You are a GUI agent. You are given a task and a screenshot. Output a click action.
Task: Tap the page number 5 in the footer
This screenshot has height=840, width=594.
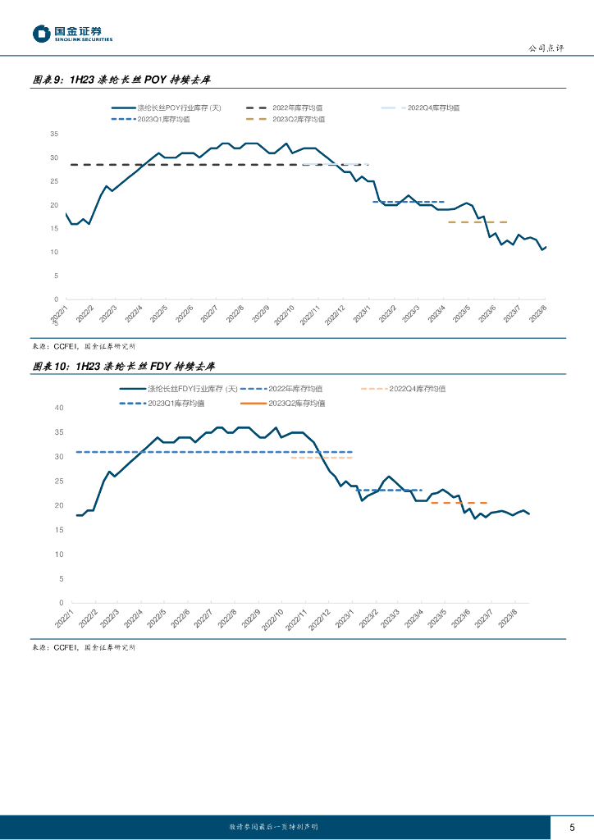[572, 827]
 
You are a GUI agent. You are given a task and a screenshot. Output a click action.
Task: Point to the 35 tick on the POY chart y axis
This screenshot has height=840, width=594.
[54, 134]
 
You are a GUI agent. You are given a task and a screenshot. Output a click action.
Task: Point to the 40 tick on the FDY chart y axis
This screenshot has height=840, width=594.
[58, 408]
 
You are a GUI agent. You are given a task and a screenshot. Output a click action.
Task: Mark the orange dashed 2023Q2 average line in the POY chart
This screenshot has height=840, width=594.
[477, 222]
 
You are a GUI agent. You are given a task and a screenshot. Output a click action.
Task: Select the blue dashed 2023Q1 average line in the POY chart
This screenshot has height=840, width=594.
[408, 202]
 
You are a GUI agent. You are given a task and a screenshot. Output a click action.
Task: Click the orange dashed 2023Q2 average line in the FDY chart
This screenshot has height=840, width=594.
[459, 503]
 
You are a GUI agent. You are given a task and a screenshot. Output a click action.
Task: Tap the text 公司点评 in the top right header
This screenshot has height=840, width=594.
[546, 48]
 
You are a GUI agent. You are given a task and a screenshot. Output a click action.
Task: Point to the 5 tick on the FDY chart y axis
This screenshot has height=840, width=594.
[60, 579]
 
